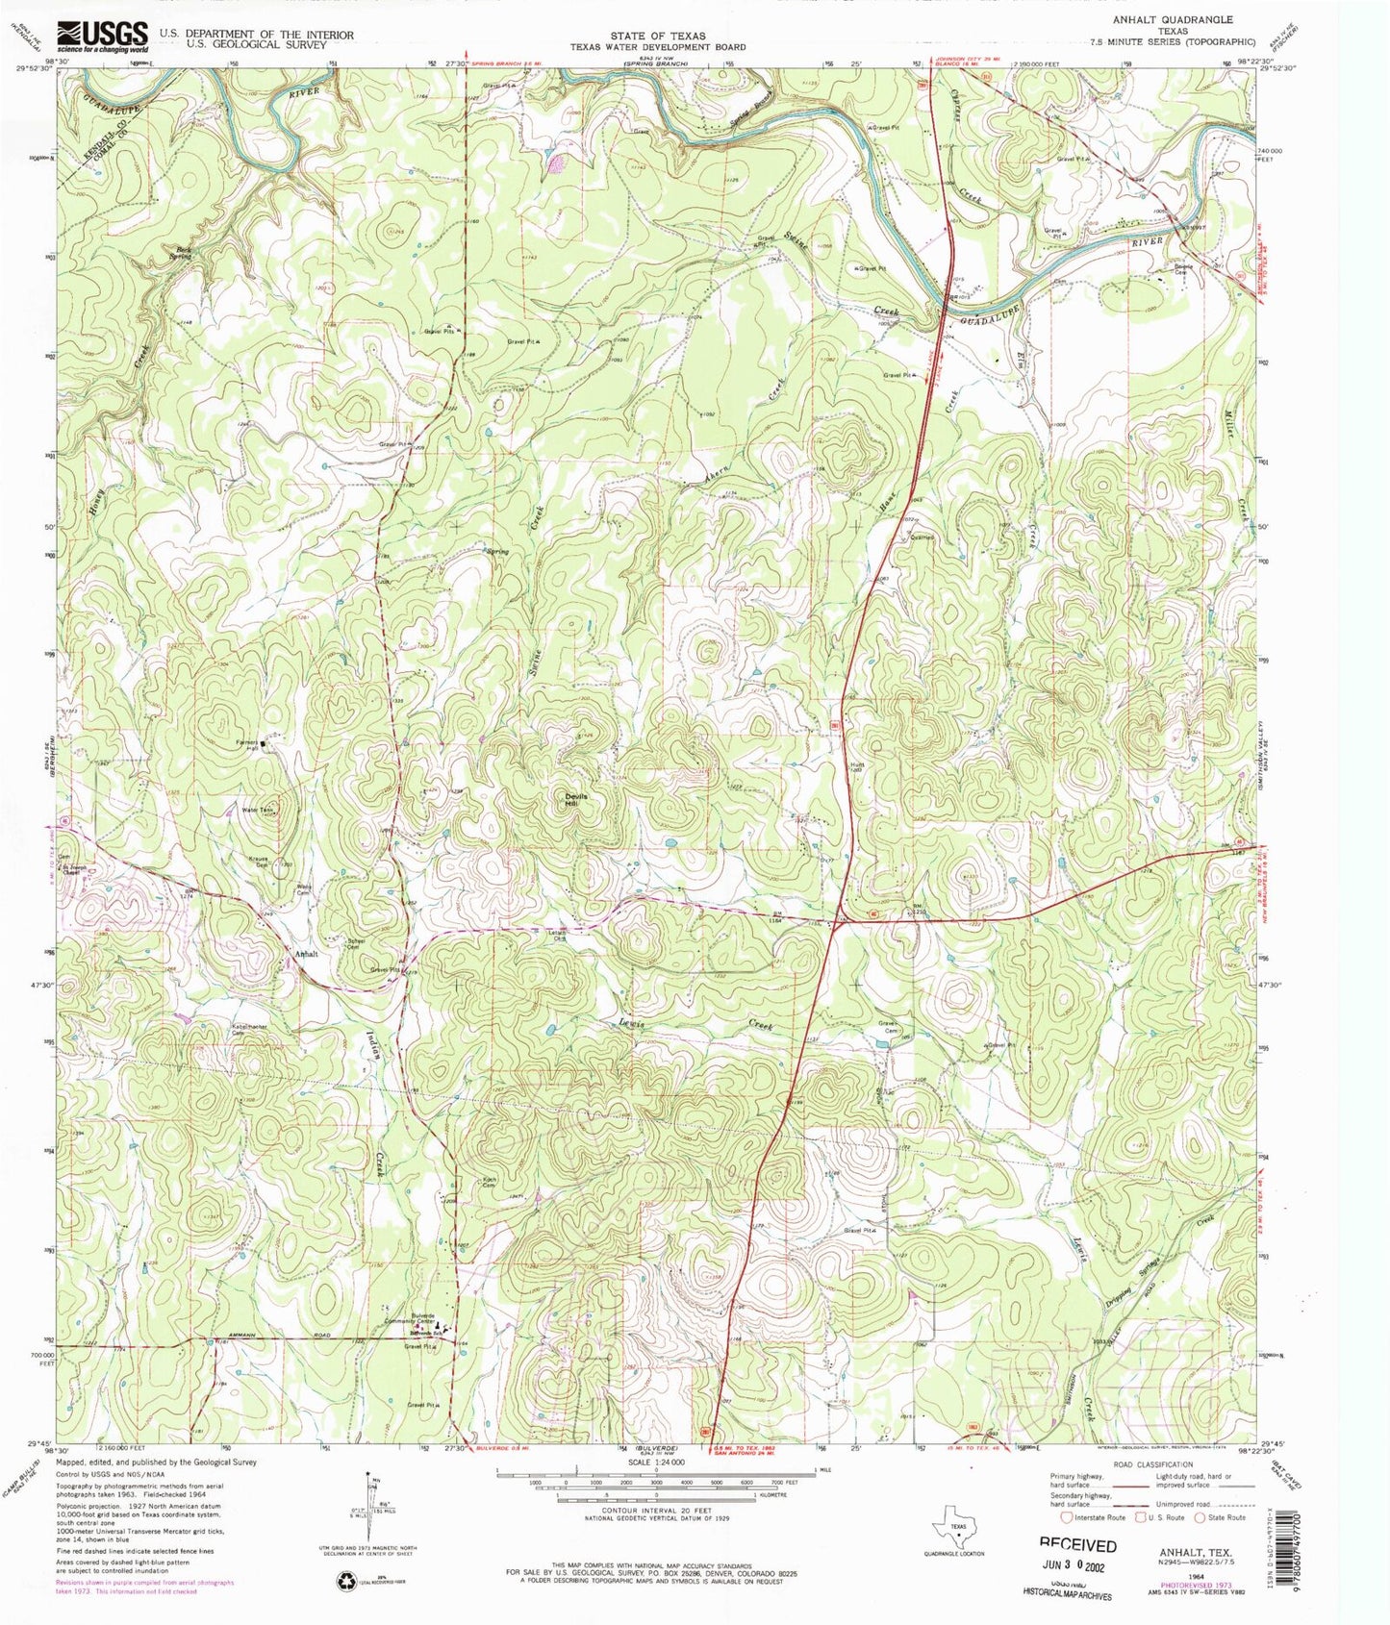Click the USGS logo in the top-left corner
pos(102,37)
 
